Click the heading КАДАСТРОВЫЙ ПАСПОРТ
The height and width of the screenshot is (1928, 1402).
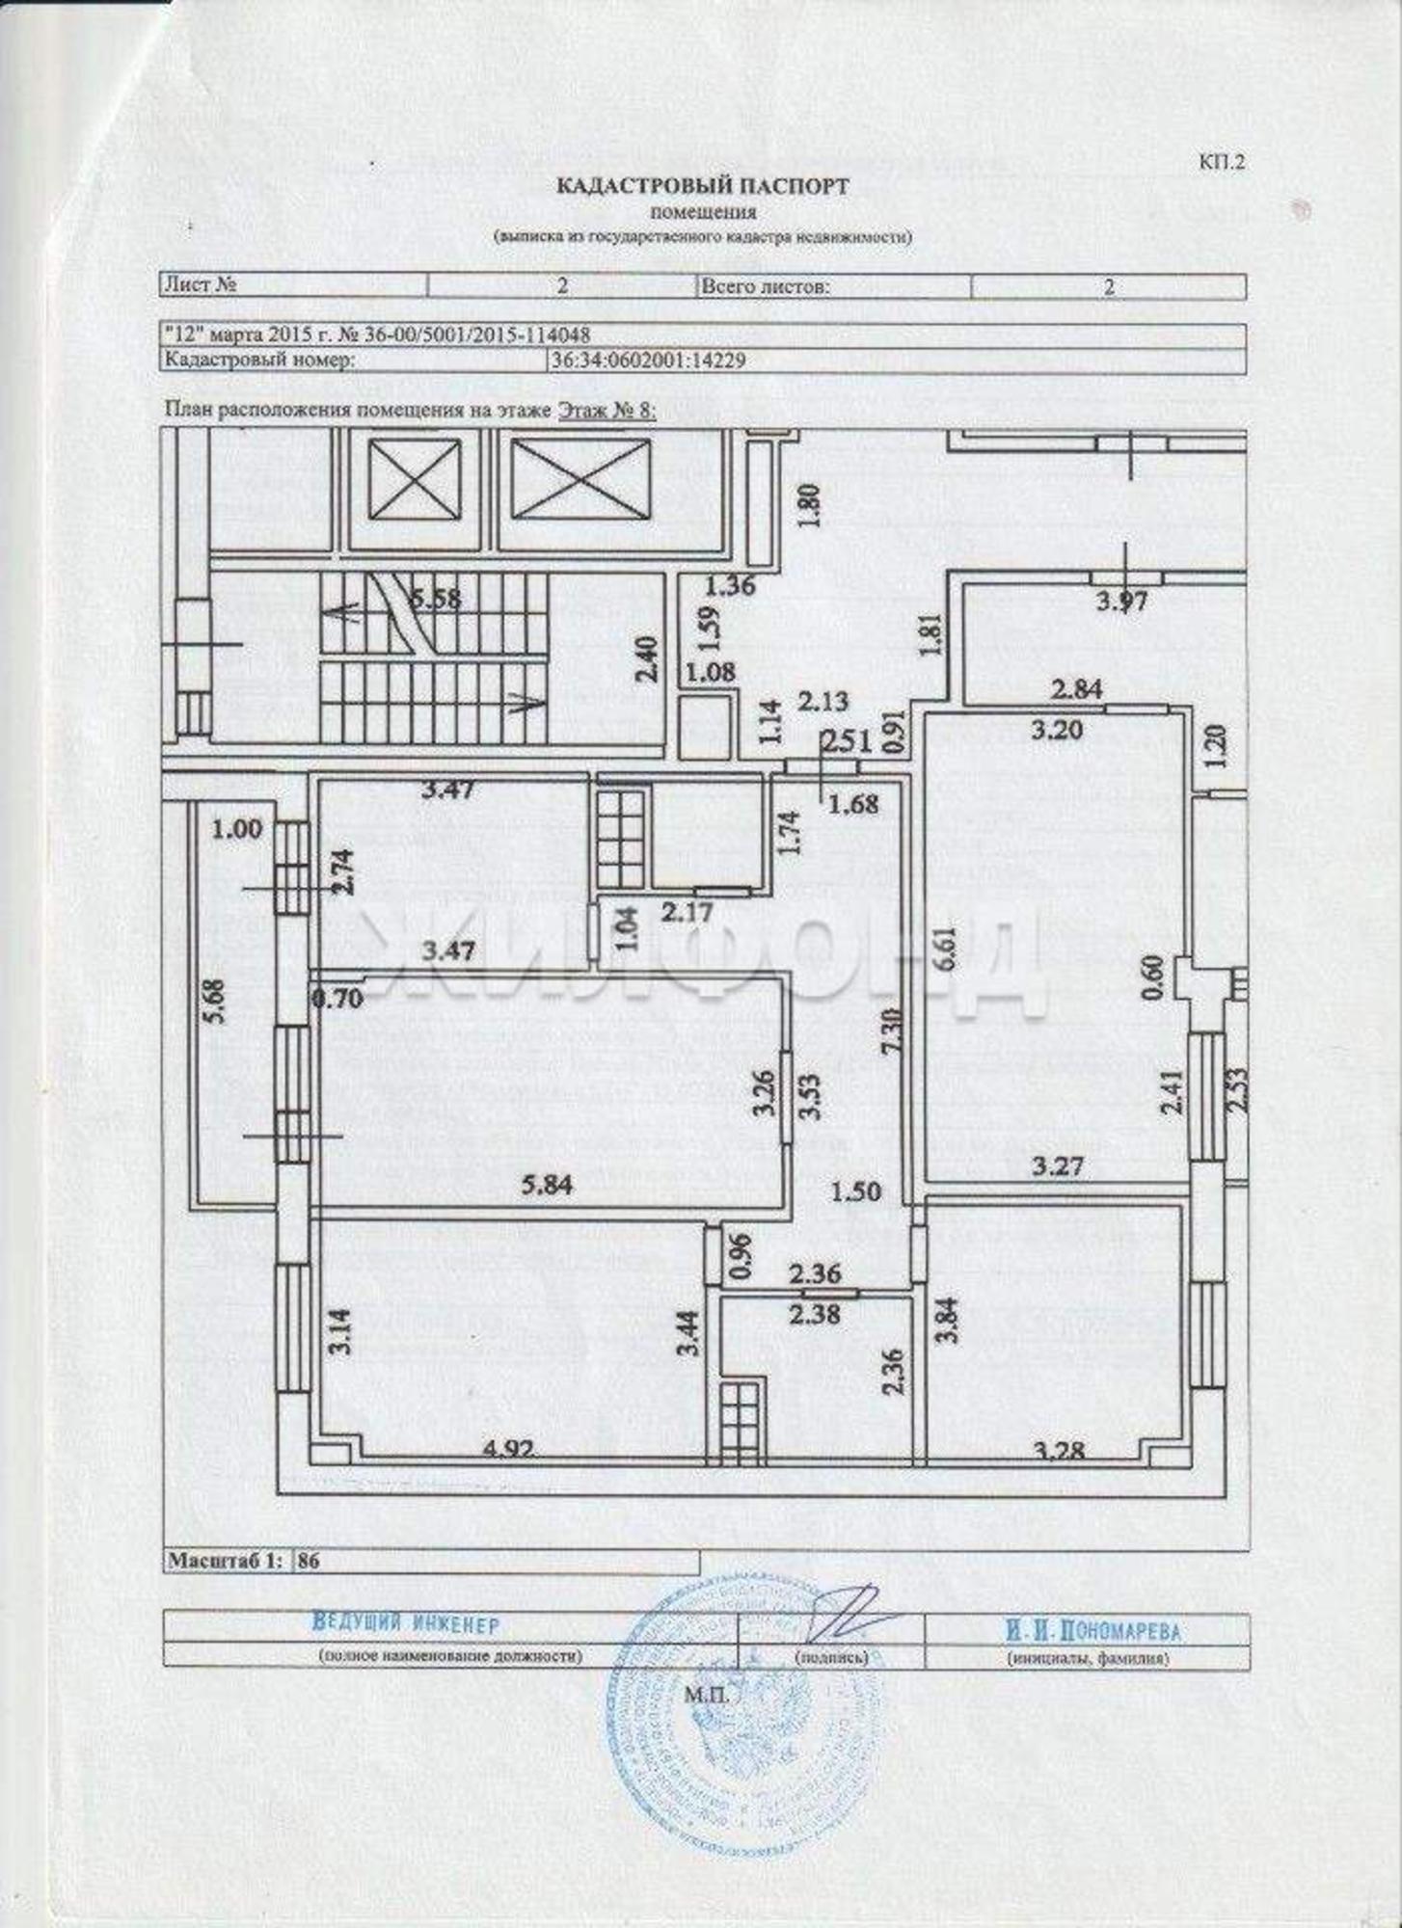click(702, 186)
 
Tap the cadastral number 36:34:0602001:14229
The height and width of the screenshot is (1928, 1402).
click(647, 360)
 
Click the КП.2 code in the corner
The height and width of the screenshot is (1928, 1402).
click(1222, 161)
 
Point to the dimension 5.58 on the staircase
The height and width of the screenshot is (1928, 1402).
click(436, 598)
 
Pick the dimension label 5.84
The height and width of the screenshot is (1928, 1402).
click(546, 1185)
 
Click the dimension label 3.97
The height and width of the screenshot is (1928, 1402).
click(1122, 602)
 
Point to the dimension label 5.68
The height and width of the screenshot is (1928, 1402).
click(217, 1003)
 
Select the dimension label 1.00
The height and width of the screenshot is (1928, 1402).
click(237, 828)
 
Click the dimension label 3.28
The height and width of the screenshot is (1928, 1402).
click(1058, 1449)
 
